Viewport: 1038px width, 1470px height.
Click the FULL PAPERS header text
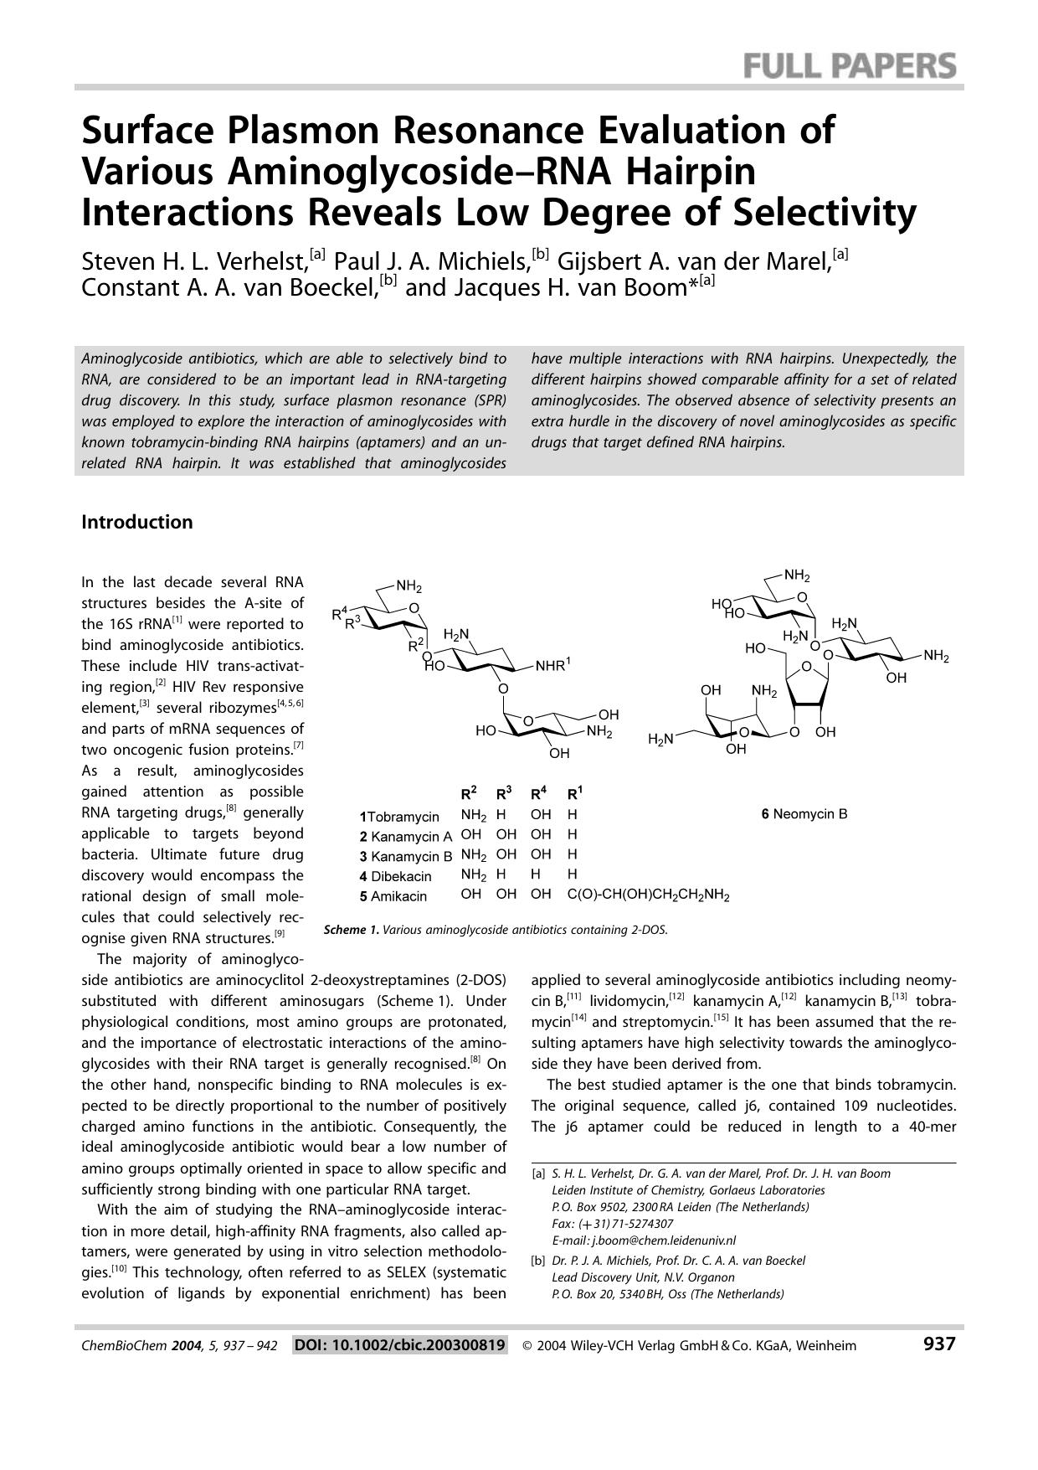point(850,65)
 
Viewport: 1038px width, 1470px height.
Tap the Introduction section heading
point(136,522)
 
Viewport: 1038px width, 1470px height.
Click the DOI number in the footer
point(400,1345)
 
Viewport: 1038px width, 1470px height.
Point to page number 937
point(938,1344)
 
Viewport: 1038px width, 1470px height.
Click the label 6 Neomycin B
point(804,813)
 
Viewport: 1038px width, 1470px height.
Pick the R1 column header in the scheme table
point(574,793)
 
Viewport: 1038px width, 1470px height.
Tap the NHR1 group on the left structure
point(552,666)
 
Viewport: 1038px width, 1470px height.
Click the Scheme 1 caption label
point(352,930)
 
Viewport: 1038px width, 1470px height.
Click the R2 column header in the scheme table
point(469,793)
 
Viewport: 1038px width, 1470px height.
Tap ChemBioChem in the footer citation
point(124,1346)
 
